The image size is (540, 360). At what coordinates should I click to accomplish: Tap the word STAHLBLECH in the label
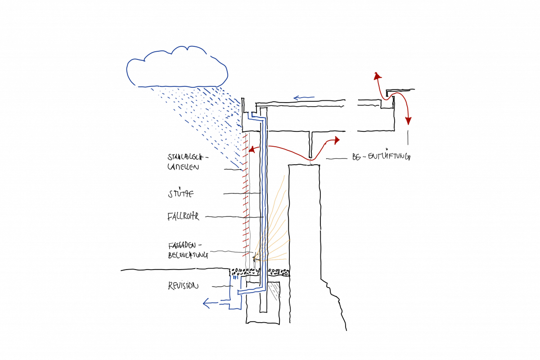pyautogui.click(x=186, y=158)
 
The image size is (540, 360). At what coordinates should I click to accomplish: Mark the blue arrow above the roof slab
pyautogui.click(x=303, y=97)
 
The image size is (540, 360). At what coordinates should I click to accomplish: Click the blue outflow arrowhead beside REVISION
pyautogui.click(x=207, y=303)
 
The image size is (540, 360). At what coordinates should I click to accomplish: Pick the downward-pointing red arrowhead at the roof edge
pyautogui.click(x=408, y=121)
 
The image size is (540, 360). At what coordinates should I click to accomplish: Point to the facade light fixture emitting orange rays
pyautogui.click(x=254, y=258)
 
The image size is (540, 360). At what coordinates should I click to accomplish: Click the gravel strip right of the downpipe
pyautogui.click(x=278, y=272)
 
